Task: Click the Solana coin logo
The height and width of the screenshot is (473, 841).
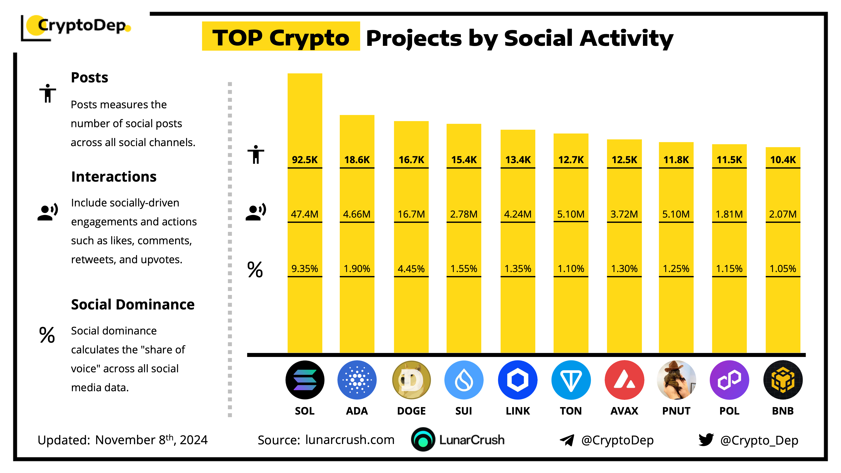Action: (x=305, y=380)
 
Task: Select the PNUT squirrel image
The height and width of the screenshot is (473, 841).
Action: (x=676, y=380)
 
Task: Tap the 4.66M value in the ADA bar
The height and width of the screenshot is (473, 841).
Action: (x=357, y=214)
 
